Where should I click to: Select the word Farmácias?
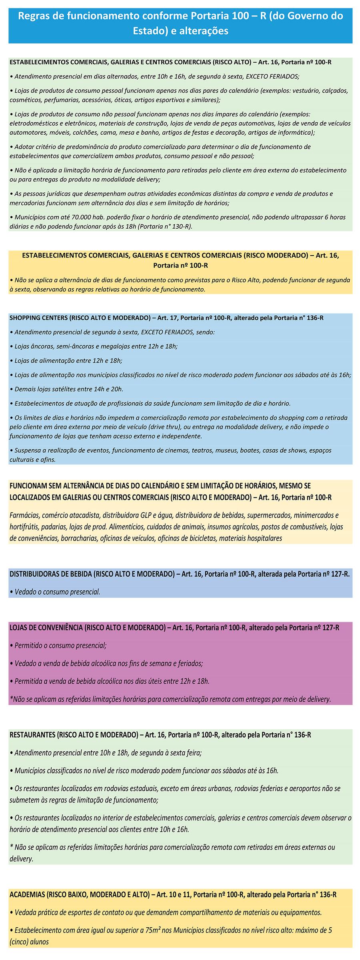tap(25, 515)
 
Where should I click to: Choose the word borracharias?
tap(79, 538)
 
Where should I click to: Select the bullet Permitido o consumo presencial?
tap(60, 645)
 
